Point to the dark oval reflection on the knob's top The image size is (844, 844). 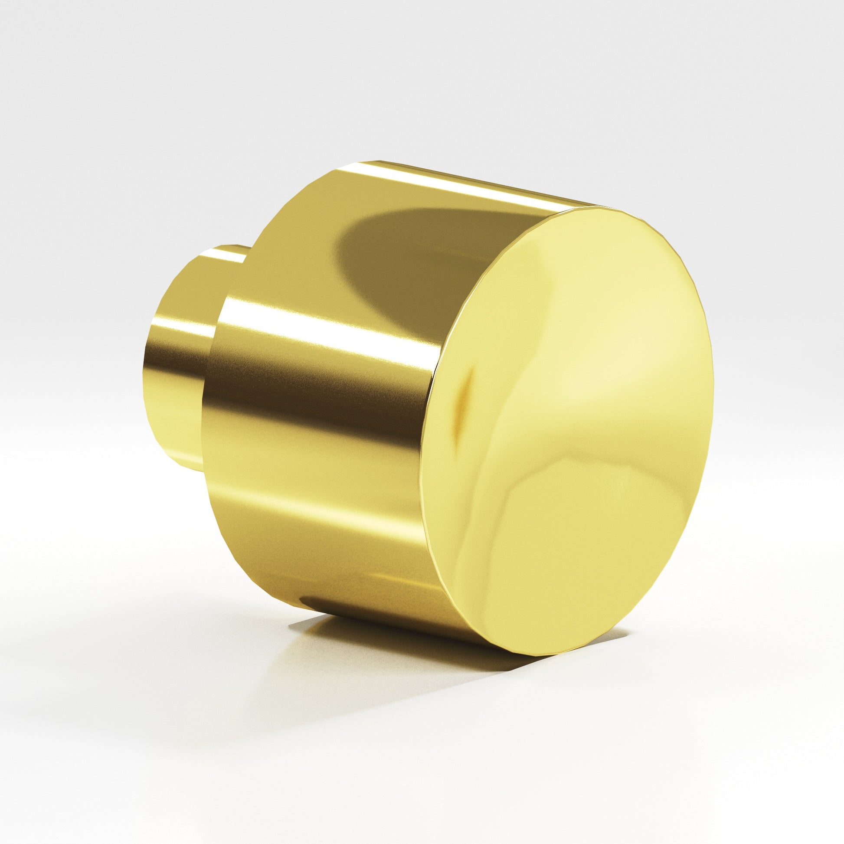point(393,245)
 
